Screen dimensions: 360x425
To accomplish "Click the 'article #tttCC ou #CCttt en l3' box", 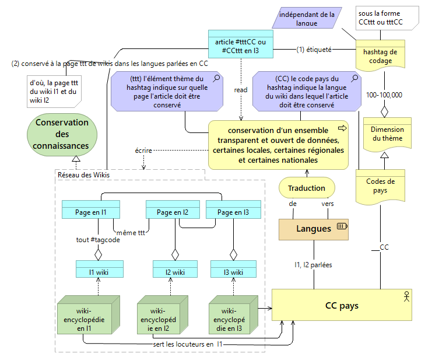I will click(x=241, y=45).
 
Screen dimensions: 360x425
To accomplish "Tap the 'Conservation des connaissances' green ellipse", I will click(x=62, y=134).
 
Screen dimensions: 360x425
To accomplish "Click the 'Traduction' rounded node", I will click(x=306, y=188).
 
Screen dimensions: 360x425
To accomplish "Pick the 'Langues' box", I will click(x=314, y=229).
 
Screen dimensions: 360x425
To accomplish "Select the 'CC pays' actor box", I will click(x=342, y=305).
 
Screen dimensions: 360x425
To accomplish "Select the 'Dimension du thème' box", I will click(x=387, y=134).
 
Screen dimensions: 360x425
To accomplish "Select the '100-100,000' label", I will click(x=384, y=95).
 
